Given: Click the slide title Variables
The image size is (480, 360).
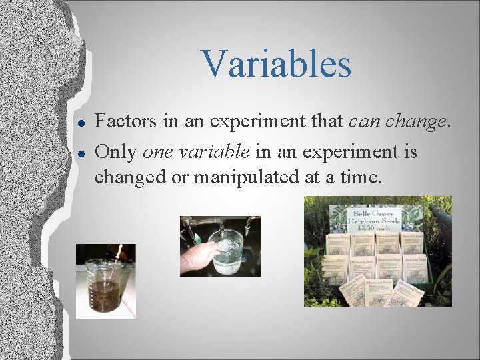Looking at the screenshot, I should point(276,64).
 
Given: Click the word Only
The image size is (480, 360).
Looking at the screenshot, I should point(117,153).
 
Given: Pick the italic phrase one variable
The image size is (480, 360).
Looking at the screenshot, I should point(197,153).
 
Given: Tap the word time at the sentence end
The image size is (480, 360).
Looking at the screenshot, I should point(363,177).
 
